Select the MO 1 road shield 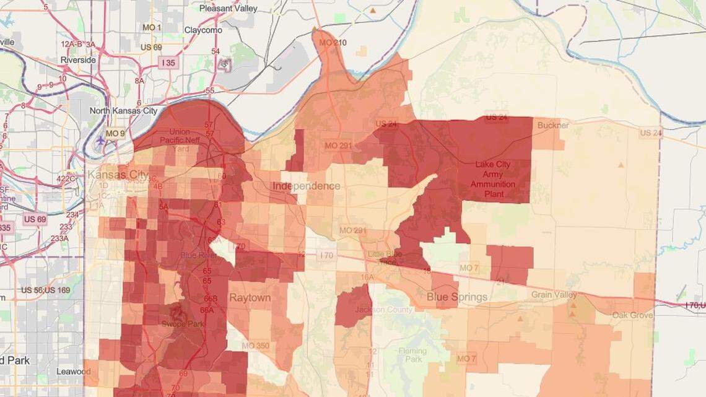coord(152,28)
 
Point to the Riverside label coord(78,60)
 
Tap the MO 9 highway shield coord(115,133)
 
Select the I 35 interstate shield coord(168,63)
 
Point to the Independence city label coord(306,186)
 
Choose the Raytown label coord(250,298)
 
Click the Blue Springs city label coord(457,297)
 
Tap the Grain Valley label coord(554,295)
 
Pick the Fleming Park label coord(412,355)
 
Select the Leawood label coord(73,372)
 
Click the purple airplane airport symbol coord(101,141)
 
